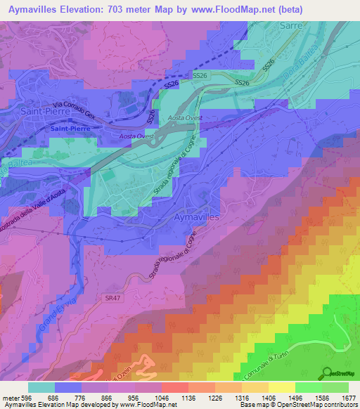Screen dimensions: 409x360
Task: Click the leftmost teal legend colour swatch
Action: tap(41, 387)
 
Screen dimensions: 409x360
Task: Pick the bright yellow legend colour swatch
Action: tap(281, 387)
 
